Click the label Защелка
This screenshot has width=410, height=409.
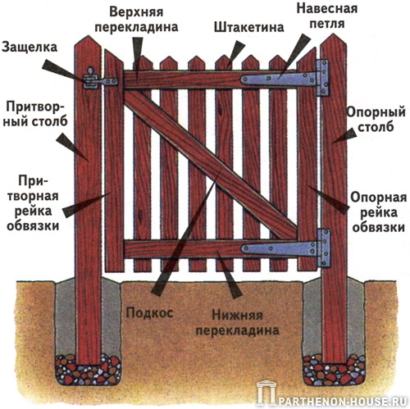[30, 48]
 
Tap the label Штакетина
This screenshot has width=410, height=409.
[248, 28]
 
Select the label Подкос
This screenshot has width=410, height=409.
[149, 313]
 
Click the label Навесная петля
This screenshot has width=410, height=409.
[327, 16]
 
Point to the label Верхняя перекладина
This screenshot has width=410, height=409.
[136, 20]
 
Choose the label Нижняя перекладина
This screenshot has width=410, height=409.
[238, 323]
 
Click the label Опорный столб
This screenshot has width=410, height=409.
[376, 120]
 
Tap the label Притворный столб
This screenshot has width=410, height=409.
[35, 114]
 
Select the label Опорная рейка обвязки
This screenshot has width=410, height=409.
[379, 212]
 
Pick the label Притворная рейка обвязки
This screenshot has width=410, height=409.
[33, 203]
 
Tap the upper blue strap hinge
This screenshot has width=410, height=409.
[285, 79]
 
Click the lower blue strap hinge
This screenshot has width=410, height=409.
[286, 248]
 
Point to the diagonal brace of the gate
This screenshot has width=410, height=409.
[211, 165]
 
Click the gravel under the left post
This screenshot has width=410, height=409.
[88, 369]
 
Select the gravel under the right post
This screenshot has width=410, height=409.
[334, 370]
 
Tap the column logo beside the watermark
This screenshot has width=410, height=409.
[266, 393]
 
